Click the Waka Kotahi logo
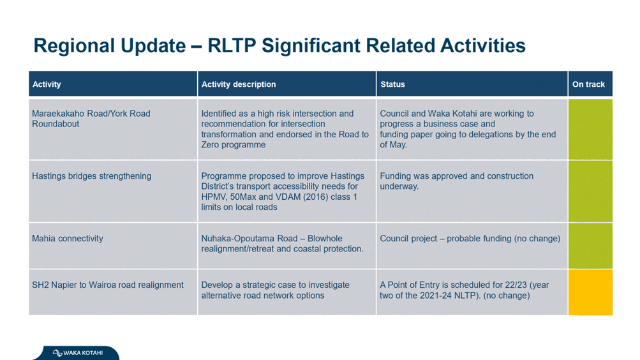point(78,352)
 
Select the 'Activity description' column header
point(239,84)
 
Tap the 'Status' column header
point(392,84)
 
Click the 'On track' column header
point(588,84)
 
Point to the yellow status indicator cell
point(590,292)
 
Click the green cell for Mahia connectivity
point(590,246)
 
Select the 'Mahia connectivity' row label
point(68,238)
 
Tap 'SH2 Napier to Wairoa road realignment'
point(108,285)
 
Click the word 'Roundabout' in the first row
point(56,124)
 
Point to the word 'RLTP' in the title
point(232,45)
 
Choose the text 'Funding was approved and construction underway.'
point(457,181)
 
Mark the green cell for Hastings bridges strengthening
point(590,191)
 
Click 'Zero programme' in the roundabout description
point(233,145)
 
